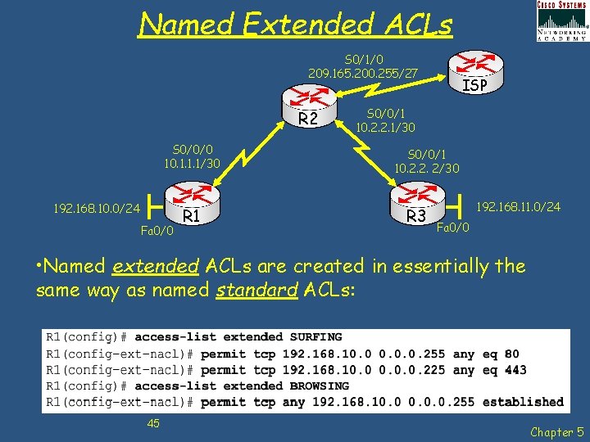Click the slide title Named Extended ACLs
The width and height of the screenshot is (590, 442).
(x=295, y=25)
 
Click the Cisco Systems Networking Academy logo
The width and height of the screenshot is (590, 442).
(x=561, y=20)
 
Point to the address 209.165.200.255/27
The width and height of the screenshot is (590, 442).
(x=363, y=74)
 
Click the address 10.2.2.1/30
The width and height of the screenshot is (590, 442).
(x=391, y=128)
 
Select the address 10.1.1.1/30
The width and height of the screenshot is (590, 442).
(x=192, y=164)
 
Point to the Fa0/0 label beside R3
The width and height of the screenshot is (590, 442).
(x=453, y=227)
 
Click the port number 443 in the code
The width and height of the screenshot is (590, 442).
(x=515, y=370)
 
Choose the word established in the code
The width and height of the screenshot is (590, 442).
(x=523, y=402)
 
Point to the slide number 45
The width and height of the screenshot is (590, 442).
(x=153, y=422)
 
